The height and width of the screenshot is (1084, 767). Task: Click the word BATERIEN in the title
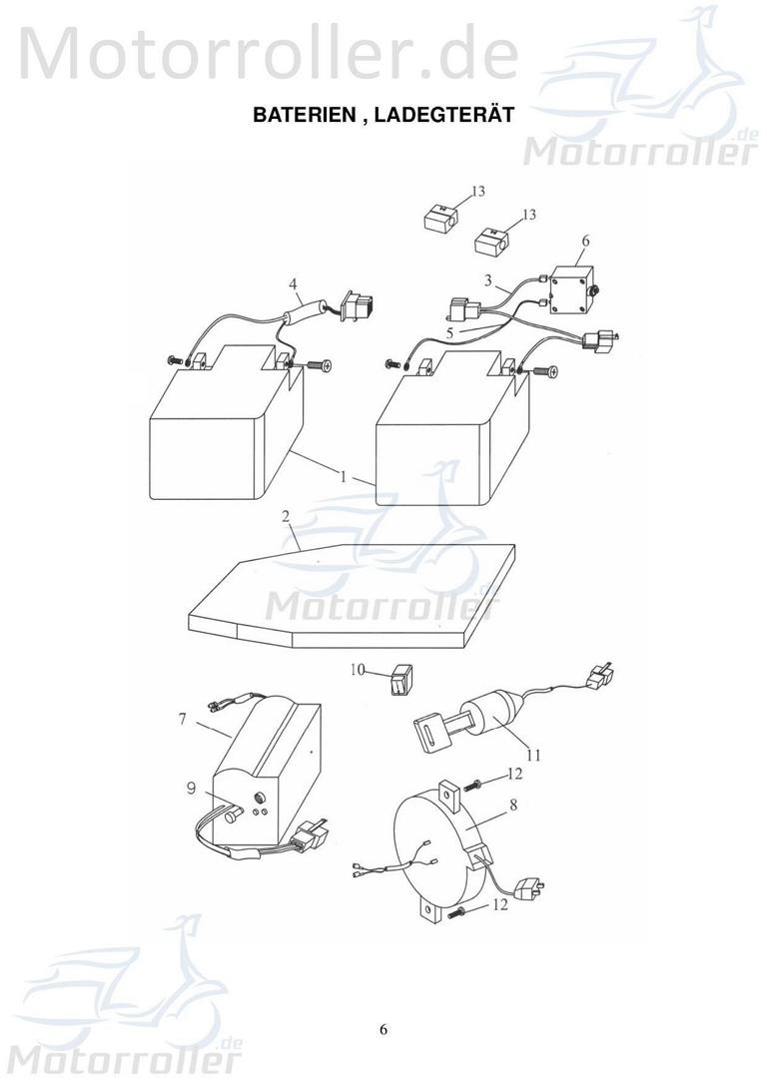(x=304, y=115)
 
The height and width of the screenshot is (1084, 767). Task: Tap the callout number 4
(x=294, y=284)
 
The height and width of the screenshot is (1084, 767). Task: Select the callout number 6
(x=586, y=242)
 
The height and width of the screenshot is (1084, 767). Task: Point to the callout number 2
(x=285, y=517)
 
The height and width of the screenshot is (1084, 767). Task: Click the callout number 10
(x=357, y=670)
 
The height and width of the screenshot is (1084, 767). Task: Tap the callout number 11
(x=534, y=755)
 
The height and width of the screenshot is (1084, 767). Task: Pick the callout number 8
(x=512, y=805)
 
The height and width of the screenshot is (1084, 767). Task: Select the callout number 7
(x=183, y=720)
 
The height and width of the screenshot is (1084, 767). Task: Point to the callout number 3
(x=488, y=281)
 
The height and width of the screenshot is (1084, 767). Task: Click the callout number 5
(x=450, y=332)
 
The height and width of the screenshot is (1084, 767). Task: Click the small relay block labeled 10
(x=401, y=681)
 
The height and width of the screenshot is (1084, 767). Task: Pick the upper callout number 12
(x=514, y=774)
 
